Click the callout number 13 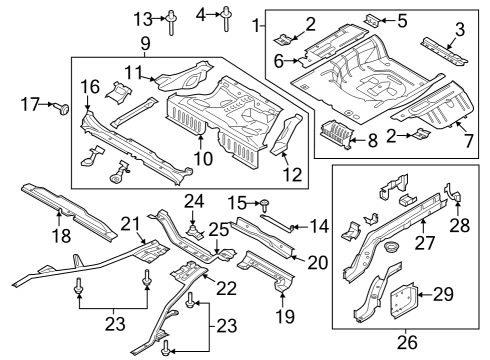click(x=144, y=18)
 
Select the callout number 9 click(x=145, y=43)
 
